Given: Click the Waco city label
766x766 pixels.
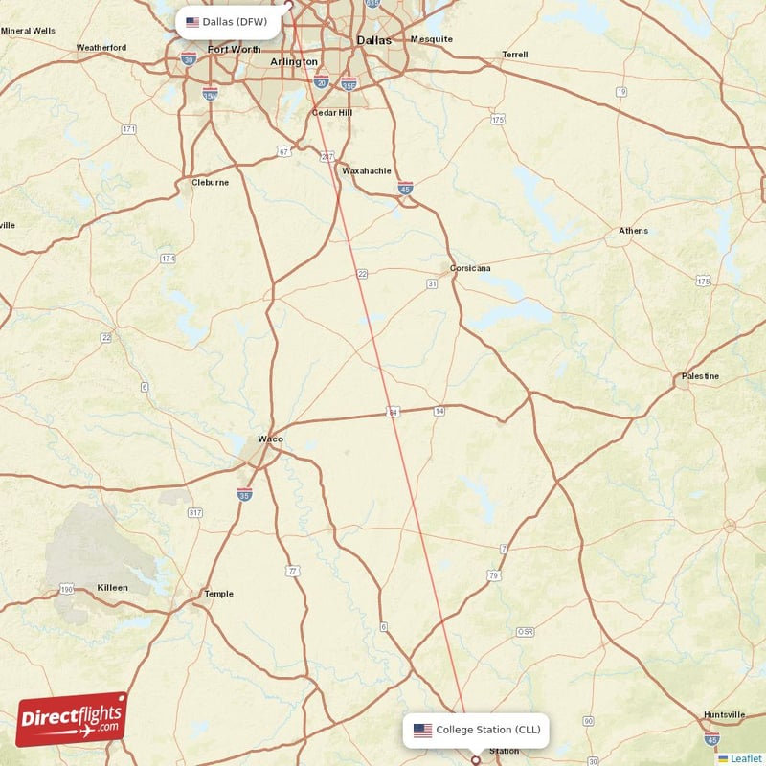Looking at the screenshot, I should click(270, 439).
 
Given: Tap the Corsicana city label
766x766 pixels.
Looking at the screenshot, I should click(470, 268).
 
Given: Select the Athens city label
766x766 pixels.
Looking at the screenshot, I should click(633, 231).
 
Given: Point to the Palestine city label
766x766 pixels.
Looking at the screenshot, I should click(700, 376).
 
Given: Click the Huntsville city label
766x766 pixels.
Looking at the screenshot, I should click(724, 714).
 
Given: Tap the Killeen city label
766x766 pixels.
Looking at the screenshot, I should click(112, 587).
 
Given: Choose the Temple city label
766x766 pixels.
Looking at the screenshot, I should click(218, 594).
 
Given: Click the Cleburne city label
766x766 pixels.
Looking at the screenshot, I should click(211, 182).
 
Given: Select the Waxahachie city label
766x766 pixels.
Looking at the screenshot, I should click(367, 171).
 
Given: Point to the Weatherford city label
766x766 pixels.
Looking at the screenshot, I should click(101, 47).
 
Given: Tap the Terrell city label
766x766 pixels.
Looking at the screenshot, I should click(514, 55).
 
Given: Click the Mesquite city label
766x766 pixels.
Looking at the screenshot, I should click(431, 39).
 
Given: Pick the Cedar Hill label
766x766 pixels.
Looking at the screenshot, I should click(331, 112).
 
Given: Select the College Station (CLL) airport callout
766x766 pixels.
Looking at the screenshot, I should click(476, 730).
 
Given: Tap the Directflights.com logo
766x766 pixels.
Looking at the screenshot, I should click(72, 718).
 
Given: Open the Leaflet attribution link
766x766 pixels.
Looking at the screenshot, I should click(745, 758).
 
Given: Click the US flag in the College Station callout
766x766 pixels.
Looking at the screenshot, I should click(422, 730).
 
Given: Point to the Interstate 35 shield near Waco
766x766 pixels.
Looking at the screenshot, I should click(245, 494).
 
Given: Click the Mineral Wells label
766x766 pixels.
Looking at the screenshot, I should click(28, 31).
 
